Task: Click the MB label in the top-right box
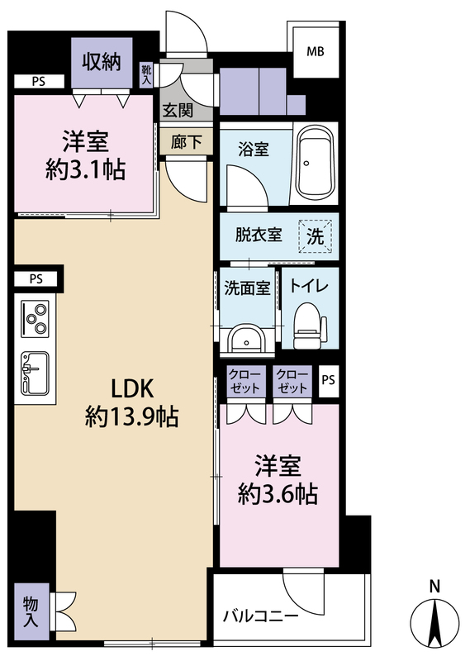tap(316, 51)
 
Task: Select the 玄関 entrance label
tap(177, 109)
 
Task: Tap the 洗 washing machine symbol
tap(317, 234)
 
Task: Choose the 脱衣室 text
tap(259, 235)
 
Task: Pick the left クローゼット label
tap(245, 381)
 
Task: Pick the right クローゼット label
tap(292, 381)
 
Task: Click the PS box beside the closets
tap(328, 380)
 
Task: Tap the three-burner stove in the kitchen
tap(36, 317)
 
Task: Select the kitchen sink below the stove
tap(36, 373)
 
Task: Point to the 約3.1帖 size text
tap(85, 170)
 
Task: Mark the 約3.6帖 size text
tap(278, 494)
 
